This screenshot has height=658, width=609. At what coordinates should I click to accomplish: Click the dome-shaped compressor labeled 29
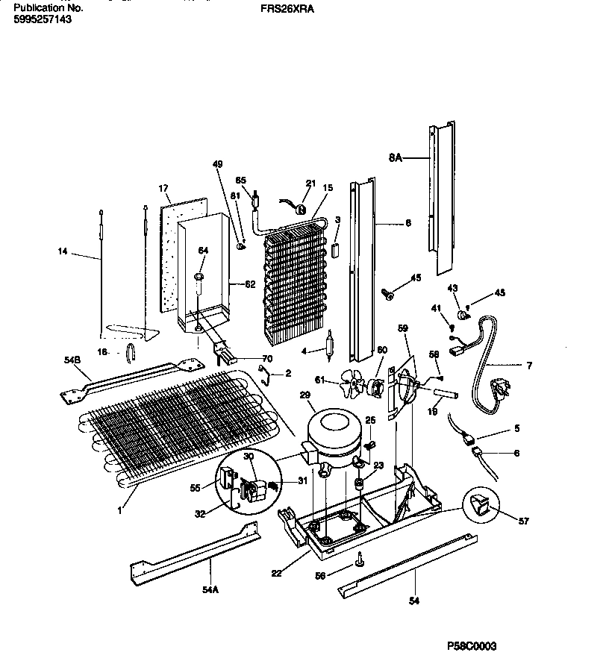tap(334, 433)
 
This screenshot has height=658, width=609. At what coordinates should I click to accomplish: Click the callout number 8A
tap(395, 158)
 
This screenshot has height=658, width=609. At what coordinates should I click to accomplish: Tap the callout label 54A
tap(210, 589)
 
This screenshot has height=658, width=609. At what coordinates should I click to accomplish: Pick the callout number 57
tap(524, 521)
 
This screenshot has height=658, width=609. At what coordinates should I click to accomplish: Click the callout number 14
tap(63, 252)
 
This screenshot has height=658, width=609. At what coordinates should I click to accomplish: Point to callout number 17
tap(163, 188)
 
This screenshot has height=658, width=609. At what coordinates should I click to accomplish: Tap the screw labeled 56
tap(360, 556)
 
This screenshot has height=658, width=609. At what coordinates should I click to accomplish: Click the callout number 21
tap(310, 183)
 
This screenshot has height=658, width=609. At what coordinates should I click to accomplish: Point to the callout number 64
tap(203, 251)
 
